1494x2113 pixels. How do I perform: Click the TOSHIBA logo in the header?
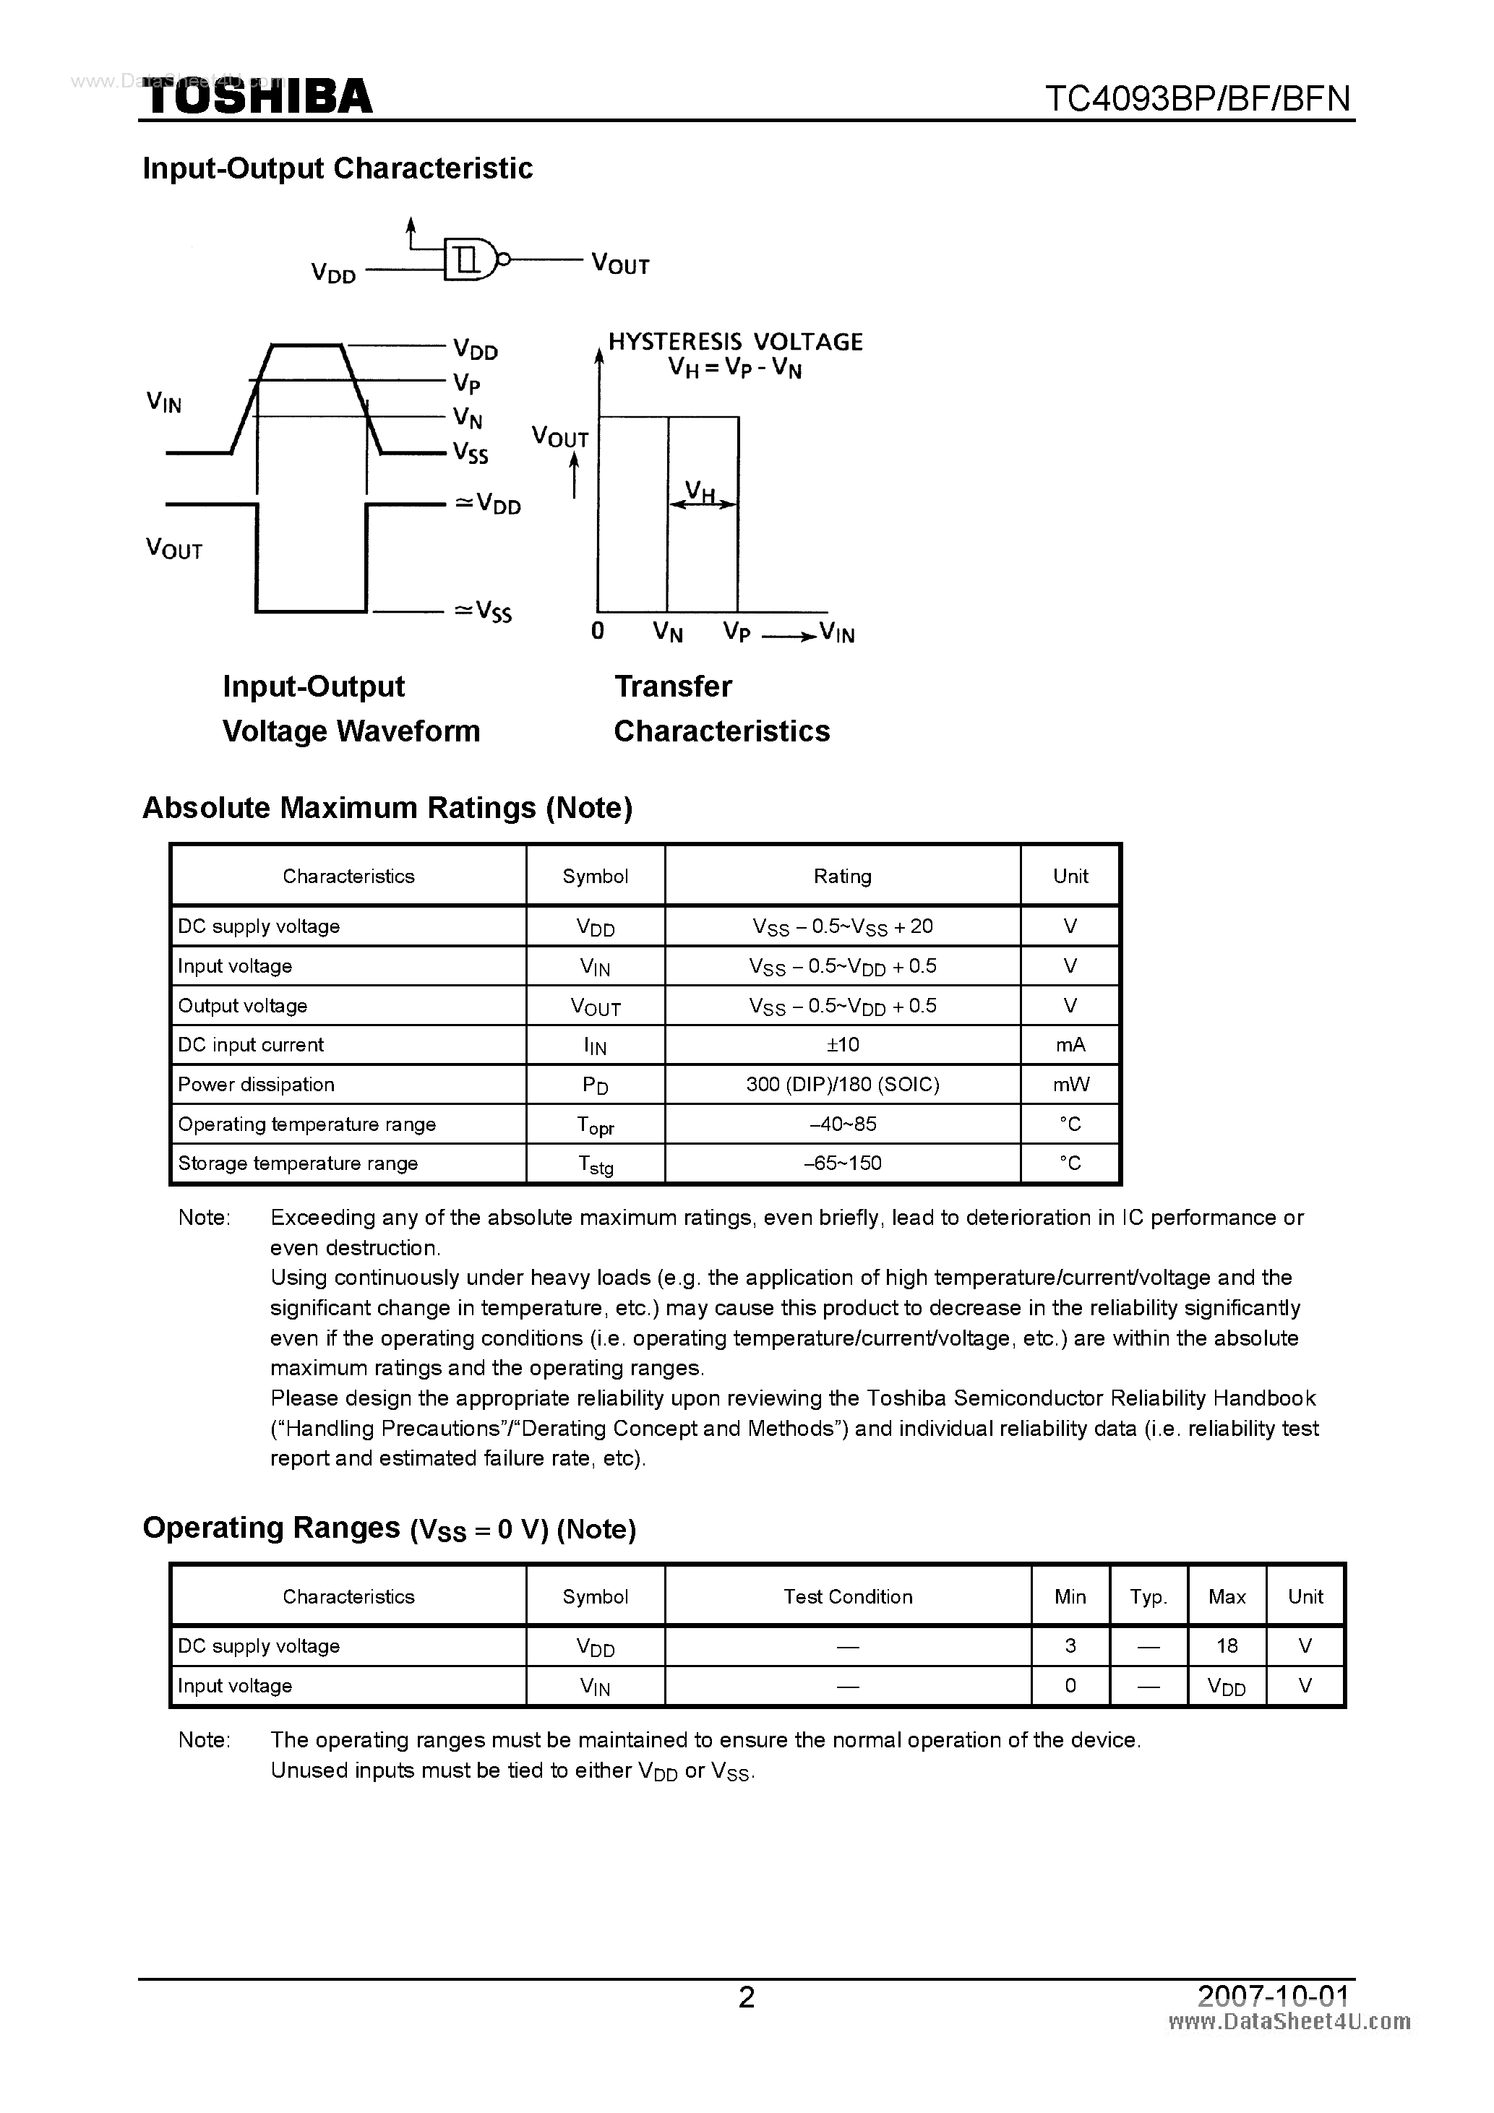[258, 97]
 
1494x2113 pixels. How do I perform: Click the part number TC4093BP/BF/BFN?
[1198, 98]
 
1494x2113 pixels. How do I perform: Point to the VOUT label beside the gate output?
[620, 265]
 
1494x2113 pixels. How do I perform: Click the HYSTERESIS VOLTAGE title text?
[734, 343]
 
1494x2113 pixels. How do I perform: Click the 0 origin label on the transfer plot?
[598, 632]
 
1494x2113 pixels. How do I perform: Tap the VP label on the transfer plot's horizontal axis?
[737, 632]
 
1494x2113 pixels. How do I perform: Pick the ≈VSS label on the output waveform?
[484, 612]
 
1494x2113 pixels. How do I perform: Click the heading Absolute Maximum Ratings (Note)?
[387, 808]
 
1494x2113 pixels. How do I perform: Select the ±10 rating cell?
[842, 1044]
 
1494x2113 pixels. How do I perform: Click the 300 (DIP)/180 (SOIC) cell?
[842, 1084]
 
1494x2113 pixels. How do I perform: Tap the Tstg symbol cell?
[596, 1164]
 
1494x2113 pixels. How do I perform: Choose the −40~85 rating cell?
[842, 1124]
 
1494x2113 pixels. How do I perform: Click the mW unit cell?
[1070, 1084]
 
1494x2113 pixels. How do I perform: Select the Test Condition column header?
[848, 1597]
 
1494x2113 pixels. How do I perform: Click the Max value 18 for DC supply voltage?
[1226, 1645]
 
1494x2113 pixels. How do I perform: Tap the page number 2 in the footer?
[747, 1997]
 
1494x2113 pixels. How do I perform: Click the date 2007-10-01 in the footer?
[1273, 1995]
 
